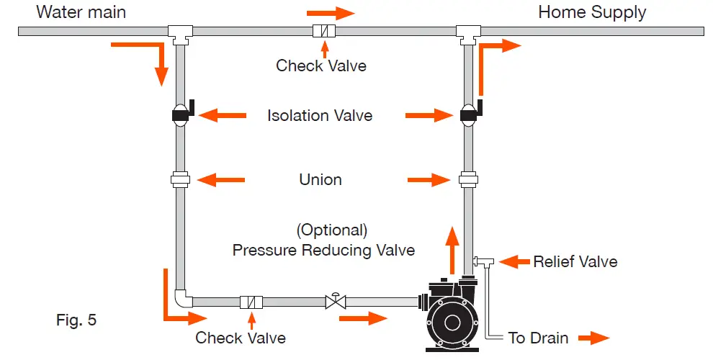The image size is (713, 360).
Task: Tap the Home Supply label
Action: [x=592, y=12]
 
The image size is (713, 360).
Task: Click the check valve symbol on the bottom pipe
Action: [x=251, y=302]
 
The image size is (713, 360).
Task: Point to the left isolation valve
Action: [x=180, y=114]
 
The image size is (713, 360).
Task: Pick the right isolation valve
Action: [x=469, y=114]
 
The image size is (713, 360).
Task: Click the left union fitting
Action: [x=180, y=179]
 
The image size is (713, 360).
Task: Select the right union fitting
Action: [x=469, y=179]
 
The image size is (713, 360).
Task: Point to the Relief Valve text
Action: [x=575, y=261]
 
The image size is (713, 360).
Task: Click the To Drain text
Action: [x=539, y=338]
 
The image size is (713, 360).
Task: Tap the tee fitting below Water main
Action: [x=180, y=32]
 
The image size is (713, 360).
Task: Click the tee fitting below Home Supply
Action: [x=469, y=32]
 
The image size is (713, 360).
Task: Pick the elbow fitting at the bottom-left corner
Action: [x=181, y=297]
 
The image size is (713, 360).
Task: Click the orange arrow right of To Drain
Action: [x=595, y=337]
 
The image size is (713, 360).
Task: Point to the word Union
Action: [x=320, y=179]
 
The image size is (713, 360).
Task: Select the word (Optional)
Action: [x=331, y=230]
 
